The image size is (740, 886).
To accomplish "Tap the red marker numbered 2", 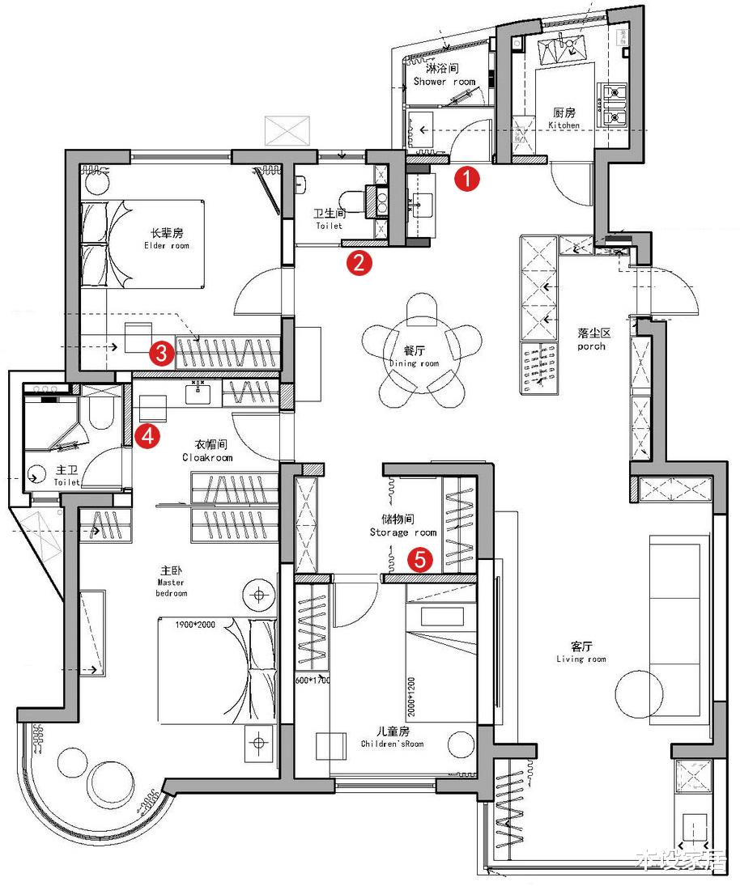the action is click(x=359, y=262).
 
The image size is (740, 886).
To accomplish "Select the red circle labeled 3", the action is click(x=161, y=353).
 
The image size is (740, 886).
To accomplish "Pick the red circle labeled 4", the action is click(x=147, y=436).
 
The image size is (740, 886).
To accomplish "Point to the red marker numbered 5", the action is click(x=419, y=558).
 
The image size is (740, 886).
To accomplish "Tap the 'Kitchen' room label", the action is click(x=564, y=125).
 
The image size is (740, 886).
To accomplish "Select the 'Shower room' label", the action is click(x=444, y=82).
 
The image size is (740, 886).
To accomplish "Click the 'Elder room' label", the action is click(x=167, y=245).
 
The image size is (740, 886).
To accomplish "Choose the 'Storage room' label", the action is click(x=402, y=532).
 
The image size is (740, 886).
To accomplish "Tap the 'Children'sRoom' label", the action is click(x=392, y=743).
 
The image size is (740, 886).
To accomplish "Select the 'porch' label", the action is click(x=592, y=346).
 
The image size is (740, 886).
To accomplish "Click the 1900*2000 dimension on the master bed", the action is click(x=185, y=624).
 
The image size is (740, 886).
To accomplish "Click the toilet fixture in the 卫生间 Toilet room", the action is click(x=350, y=200).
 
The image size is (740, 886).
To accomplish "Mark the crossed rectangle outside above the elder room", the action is click(x=287, y=130).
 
